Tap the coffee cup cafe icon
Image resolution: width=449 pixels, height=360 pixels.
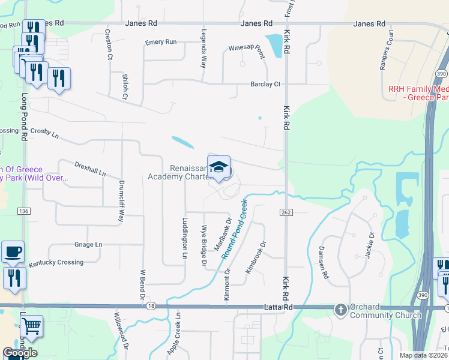13,251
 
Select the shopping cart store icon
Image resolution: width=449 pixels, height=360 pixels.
31,327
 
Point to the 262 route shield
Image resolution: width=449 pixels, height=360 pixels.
285,213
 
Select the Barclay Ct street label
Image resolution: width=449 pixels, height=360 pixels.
265,85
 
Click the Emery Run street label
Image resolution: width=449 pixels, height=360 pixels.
161,42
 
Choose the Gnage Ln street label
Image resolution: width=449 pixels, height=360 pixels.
88,245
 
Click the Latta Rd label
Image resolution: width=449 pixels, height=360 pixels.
273,307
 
